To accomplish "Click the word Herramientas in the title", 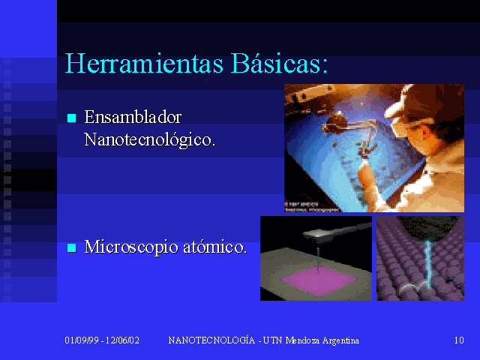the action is click(144, 63).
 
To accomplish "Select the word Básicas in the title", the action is click(279, 63).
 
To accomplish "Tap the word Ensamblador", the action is click(133, 117).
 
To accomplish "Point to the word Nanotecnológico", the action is click(150, 140).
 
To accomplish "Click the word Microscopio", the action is click(131, 247).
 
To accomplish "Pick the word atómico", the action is click(215, 247).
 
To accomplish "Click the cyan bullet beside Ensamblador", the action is click(72, 118).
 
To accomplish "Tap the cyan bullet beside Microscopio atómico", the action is click(72, 247).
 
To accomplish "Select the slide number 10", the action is click(459, 340).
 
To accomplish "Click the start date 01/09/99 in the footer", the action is click(82, 340).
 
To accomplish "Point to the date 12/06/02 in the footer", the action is click(122, 340).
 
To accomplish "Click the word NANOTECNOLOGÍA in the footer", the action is click(211, 340).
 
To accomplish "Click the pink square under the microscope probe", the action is click(319, 280).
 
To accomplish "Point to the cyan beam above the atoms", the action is click(427, 263).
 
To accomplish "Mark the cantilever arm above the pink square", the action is click(337, 231).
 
